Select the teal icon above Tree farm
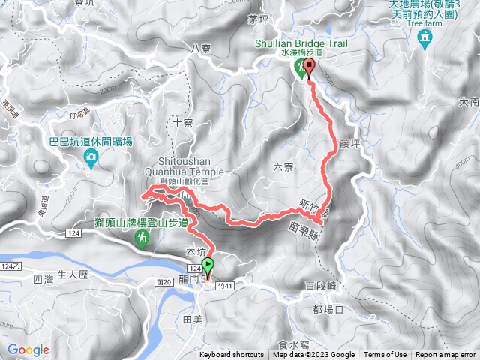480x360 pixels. click(x=425, y=38)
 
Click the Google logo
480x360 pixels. click(x=28, y=349)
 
